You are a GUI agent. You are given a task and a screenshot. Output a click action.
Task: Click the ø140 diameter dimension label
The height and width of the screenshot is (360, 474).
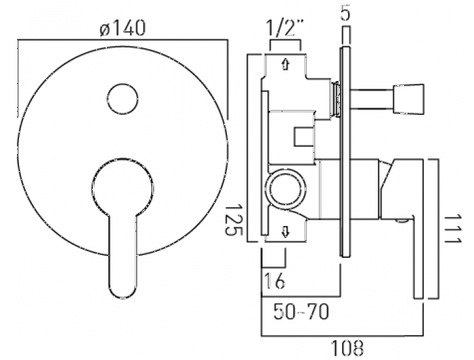click(123, 28)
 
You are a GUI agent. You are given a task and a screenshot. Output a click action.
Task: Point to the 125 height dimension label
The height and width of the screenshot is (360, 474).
click(233, 220)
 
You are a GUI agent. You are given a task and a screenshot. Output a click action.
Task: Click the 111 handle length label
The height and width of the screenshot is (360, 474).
click(453, 229)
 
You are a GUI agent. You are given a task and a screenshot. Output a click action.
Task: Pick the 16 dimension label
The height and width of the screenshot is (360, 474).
click(275, 281)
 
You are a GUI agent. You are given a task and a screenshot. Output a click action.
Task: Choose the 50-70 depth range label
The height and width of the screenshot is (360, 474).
click(301, 311)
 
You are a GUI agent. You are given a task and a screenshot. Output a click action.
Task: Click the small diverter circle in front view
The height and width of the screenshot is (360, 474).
click(123, 99)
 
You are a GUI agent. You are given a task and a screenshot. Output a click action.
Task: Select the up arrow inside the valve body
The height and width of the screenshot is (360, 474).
click(285, 64)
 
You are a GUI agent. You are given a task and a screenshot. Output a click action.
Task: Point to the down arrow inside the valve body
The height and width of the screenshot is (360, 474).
click(285, 232)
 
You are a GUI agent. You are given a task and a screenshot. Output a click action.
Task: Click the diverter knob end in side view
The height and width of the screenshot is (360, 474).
click(409, 99)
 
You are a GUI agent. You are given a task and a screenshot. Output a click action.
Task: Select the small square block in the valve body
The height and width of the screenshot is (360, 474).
click(304, 137)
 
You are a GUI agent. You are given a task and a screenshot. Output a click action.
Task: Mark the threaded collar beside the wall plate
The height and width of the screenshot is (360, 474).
click(335, 99)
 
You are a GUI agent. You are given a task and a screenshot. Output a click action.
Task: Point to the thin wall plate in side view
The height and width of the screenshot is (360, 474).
click(345, 152)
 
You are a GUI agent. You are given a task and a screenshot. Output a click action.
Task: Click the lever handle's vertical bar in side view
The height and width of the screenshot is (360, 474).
click(418, 256)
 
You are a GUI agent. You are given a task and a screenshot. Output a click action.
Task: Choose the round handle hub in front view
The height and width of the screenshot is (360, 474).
click(123, 188)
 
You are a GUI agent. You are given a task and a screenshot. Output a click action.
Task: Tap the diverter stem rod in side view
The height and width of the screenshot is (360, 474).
click(372, 99)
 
